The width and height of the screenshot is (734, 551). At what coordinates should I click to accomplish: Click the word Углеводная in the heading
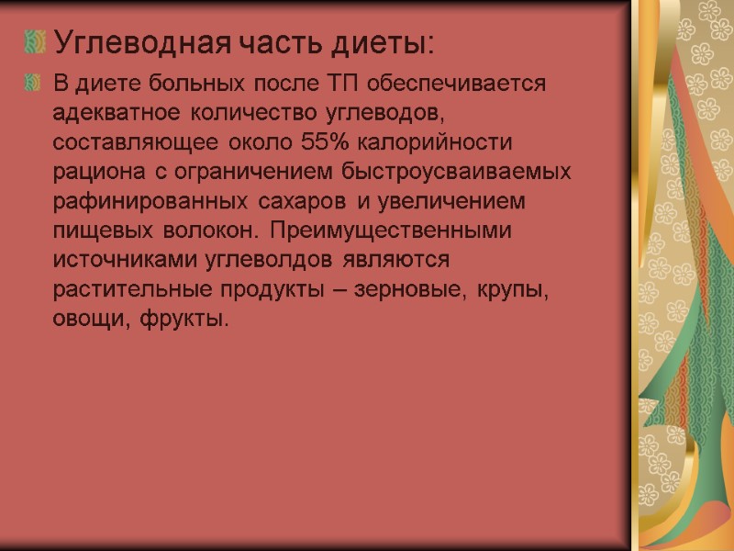pos(144,42)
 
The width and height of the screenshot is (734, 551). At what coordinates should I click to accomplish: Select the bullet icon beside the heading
pos(35,41)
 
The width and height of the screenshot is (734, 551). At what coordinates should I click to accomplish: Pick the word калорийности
pos(437,143)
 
